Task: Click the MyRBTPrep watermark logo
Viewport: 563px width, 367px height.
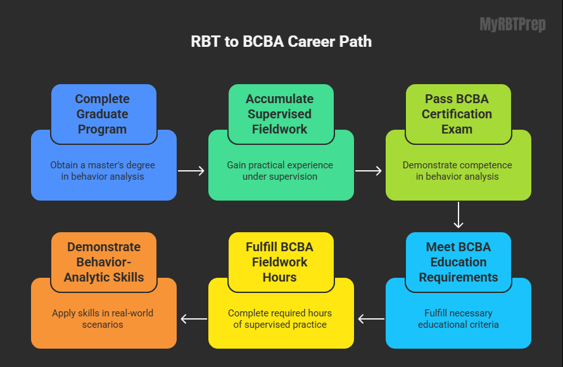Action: click(512, 25)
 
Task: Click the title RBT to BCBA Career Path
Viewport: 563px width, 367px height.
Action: click(281, 42)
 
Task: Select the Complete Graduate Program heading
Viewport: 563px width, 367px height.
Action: click(102, 114)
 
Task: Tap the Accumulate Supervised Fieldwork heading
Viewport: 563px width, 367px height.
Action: click(279, 114)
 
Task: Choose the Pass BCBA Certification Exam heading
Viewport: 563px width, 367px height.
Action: click(457, 114)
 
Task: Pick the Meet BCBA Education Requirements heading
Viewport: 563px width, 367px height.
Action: click(457, 262)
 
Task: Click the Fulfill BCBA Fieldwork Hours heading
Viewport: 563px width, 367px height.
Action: click(279, 262)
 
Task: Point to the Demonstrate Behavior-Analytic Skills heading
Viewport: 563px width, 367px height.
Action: click(102, 262)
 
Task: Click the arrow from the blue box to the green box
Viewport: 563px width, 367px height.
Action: click(191, 171)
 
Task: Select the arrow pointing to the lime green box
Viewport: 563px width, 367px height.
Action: click(369, 171)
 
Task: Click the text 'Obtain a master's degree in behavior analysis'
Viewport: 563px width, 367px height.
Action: click(103, 171)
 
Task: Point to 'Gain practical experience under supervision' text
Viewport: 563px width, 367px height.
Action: click(280, 171)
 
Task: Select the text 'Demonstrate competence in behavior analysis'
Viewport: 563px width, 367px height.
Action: click(457, 171)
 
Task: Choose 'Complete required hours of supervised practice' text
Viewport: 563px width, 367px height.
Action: click(280, 319)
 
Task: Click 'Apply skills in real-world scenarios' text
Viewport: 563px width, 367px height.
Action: click(103, 319)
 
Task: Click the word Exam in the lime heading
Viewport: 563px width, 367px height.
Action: click(457, 129)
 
